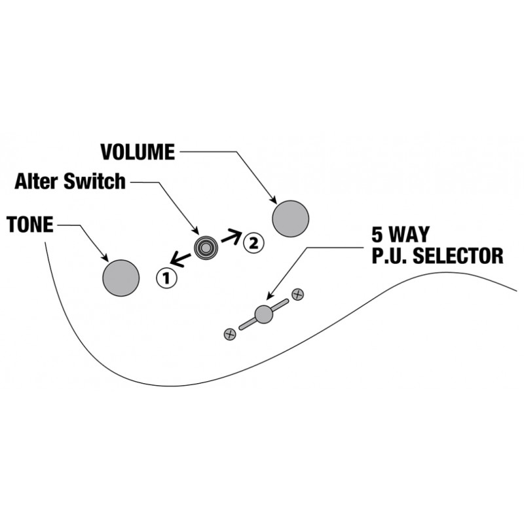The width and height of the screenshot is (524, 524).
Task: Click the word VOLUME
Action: (138, 152)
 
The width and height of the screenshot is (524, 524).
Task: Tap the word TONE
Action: (29, 224)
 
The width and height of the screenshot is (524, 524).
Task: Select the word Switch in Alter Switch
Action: (94, 181)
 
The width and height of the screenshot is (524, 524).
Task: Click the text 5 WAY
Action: (400, 234)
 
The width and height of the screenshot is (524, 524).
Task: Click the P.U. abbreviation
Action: (390, 256)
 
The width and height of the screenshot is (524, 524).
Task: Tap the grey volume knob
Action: (290, 219)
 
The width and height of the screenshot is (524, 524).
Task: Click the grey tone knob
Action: (121, 278)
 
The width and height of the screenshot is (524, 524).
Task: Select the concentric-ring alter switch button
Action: (206, 248)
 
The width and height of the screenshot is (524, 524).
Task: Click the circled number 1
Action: (166, 278)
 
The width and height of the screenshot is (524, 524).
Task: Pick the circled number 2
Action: (253, 242)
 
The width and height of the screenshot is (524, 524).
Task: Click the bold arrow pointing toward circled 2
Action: (231, 236)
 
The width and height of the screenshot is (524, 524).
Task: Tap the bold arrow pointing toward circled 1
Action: (181, 259)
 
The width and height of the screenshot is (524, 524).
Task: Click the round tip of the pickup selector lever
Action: (264, 314)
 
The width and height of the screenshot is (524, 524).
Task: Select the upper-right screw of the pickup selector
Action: (298, 295)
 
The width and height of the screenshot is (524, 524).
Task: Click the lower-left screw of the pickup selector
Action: (230, 334)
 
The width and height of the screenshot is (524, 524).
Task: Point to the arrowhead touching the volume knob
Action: (274, 200)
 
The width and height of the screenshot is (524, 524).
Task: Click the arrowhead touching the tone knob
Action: (105, 258)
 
